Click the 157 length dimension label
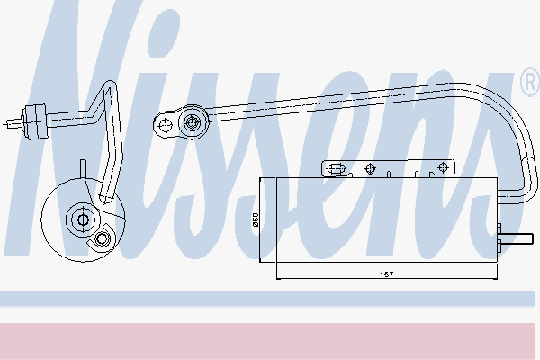(x=386, y=274)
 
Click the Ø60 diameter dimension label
(x=256, y=220)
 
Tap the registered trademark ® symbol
(x=530, y=82)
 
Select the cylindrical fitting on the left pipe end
(x=34, y=121)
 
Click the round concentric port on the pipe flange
(x=193, y=122)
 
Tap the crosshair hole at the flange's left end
(x=166, y=126)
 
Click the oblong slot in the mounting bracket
(x=336, y=169)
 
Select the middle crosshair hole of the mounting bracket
(x=370, y=168)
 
